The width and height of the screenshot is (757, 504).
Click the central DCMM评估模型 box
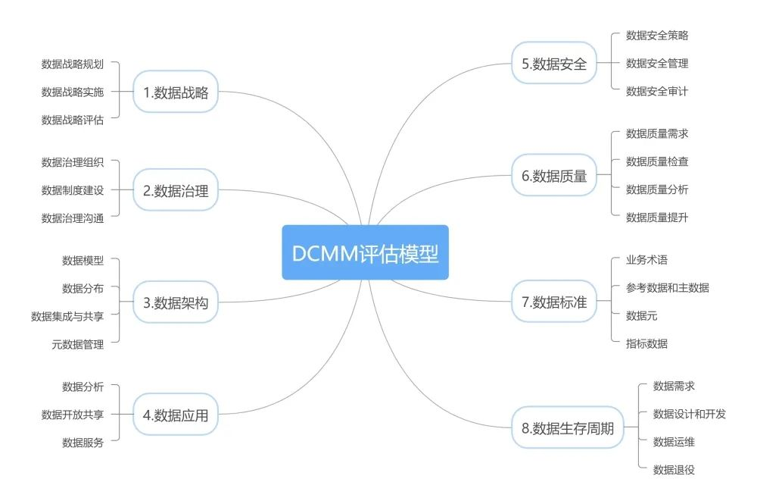tap(365, 252)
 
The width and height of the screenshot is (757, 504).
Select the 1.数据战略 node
tap(176, 92)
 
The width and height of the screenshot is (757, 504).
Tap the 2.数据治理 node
tap(176, 190)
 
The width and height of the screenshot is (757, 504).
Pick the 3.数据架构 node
tap(176, 302)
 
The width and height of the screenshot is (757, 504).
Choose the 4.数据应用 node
tap(176, 415)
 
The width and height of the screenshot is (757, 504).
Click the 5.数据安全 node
tap(554, 64)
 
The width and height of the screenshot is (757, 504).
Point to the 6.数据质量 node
tap(554, 175)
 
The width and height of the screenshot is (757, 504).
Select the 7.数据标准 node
tap(554, 302)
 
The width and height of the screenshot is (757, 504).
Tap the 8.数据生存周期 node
tap(568, 427)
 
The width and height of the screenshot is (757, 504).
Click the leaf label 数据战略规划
tap(73, 64)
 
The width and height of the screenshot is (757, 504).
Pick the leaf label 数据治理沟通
tap(73, 218)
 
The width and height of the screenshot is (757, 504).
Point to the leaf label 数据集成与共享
tap(67, 316)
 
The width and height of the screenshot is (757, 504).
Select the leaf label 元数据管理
tap(78, 344)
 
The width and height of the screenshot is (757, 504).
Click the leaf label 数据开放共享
tap(73, 415)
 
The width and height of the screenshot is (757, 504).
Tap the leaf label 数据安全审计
tap(657, 92)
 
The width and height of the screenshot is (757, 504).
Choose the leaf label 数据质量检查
tap(657, 161)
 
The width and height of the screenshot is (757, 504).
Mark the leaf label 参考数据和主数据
tap(668, 288)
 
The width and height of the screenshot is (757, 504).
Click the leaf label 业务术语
tap(646, 260)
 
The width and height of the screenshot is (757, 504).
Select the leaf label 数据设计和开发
tap(690, 414)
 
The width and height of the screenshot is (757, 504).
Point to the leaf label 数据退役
tap(674, 470)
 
